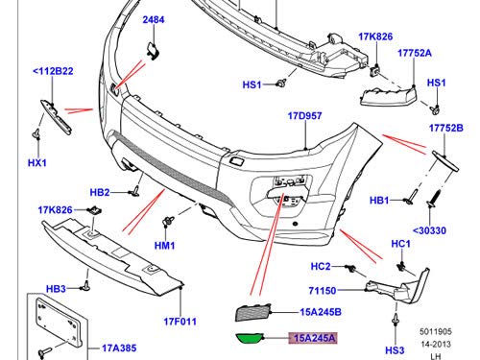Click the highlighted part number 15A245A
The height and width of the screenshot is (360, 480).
pos(315,338)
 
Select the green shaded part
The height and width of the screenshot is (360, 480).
pos(250,339)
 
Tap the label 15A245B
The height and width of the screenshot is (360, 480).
pos(321,312)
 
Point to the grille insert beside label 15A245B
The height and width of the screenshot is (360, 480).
pos(253,312)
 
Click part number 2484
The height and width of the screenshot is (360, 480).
pos(154,20)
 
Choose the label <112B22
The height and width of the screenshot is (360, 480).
pos(53,71)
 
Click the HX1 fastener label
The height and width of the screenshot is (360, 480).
pos(37,163)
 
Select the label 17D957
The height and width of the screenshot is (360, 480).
pos(304,116)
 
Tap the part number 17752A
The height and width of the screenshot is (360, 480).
pos(415,53)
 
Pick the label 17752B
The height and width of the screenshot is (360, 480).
pos(446,128)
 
